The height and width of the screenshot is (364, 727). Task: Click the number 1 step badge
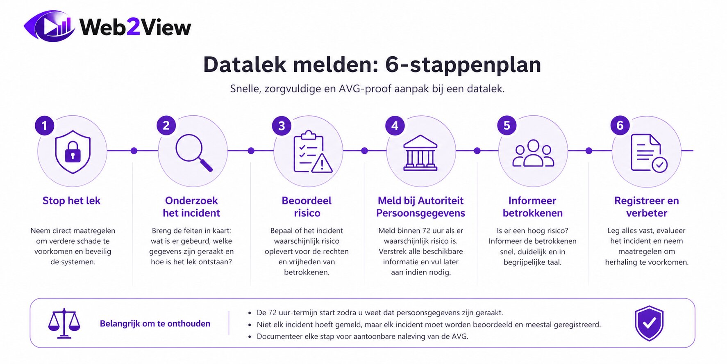pyautogui.click(x=45, y=126)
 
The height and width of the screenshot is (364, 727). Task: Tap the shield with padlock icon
pyautogui.click(x=73, y=152)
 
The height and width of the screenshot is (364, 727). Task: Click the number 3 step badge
pyautogui.click(x=282, y=126)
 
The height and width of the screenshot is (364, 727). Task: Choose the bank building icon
pyautogui.click(x=420, y=153)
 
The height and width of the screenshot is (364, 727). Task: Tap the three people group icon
pyautogui.click(x=533, y=153)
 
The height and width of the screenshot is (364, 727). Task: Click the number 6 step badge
pyautogui.click(x=620, y=126)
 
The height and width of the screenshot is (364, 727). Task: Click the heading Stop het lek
pyautogui.click(x=71, y=201)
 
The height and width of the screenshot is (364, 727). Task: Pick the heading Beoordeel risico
pyautogui.click(x=307, y=207)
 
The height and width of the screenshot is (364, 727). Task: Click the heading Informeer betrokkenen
pyautogui.click(x=532, y=207)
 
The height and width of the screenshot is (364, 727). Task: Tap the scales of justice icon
pyautogui.click(x=64, y=323)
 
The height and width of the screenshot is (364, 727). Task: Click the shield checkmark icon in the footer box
pyautogui.click(x=649, y=323)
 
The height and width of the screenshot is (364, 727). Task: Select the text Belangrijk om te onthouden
pyautogui.click(x=155, y=324)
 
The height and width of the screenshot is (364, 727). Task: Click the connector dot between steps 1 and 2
pyautogui.click(x=134, y=151)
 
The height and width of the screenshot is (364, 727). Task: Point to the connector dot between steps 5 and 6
pyautogui.click(x=589, y=151)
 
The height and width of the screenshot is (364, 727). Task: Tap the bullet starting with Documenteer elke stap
pyautogui.click(x=362, y=337)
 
